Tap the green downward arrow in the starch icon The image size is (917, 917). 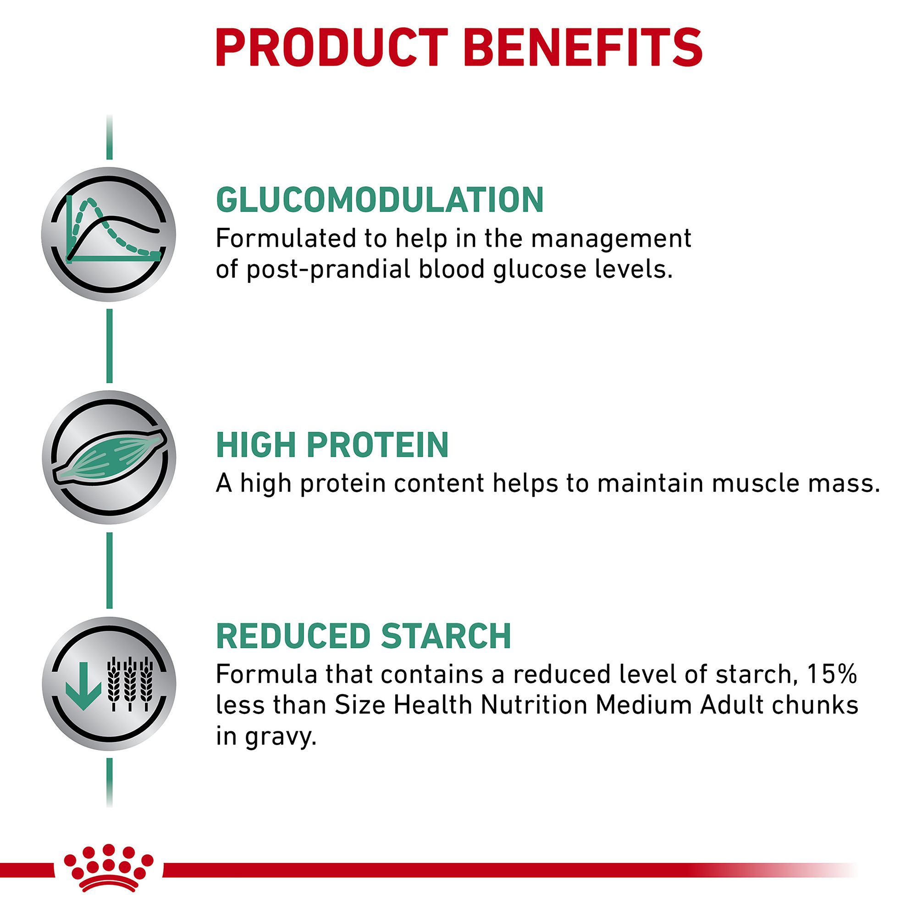(84, 685)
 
